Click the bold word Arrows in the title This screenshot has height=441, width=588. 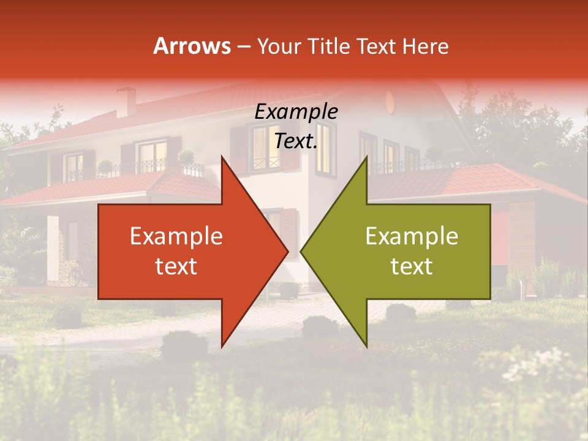[x=192, y=46]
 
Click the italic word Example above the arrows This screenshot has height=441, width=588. [x=296, y=111]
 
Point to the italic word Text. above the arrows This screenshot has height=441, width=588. [x=296, y=141]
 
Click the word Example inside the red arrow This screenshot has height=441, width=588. [x=176, y=236]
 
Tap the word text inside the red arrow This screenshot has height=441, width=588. [x=176, y=266]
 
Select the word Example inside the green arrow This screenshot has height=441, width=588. [x=412, y=236]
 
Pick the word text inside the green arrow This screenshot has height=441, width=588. [x=412, y=266]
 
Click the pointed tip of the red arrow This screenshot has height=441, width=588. [x=288, y=252]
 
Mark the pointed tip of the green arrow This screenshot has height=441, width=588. [x=301, y=252]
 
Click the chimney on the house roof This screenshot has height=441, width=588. [x=126, y=102]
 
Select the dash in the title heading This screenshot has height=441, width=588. [x=243, y=46]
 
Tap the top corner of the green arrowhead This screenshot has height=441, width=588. [x=366, y=157]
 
